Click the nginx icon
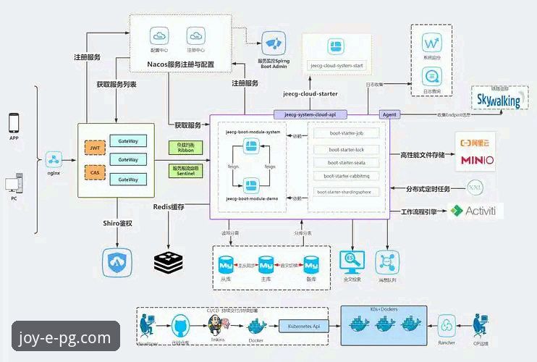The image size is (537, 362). point(54,160)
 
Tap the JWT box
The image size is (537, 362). point(95,148)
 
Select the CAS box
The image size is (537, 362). point(95,172)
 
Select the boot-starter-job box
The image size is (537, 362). point(350,134)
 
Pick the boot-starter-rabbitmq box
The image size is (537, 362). point(350,175)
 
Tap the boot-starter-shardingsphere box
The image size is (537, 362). point(350,192)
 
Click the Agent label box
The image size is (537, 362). point(389,114)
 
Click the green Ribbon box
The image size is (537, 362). point(186,147)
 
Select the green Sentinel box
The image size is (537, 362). point(186,171)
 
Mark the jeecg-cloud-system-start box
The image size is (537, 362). point(337,65)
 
